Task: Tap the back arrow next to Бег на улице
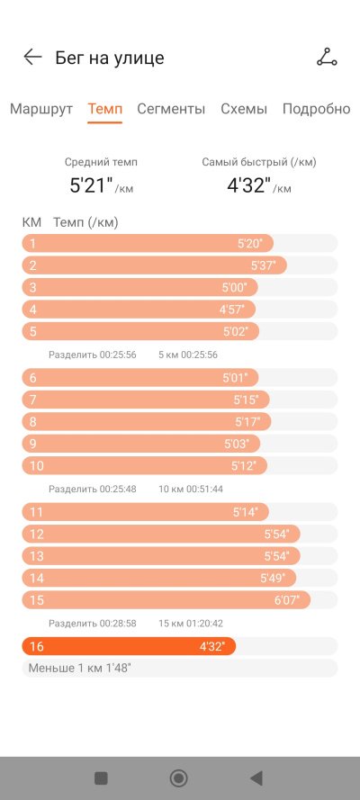[32, 58]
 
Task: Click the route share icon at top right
[327, 58]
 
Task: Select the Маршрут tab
[41, 109]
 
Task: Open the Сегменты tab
[171, 109]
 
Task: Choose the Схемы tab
[244, 109]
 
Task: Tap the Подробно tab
[316, 109]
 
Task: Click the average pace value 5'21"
[91, 185]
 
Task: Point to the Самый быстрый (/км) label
[259, 162]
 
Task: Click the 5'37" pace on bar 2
[263, 265]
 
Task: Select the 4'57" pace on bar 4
[232, 310]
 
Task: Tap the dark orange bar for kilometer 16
[129, 646]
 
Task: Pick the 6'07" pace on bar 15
[286, 600]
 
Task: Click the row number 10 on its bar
[37, 466]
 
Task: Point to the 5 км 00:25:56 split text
[188, 355]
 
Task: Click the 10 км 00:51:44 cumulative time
[191, 489]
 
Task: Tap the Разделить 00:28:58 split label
[93, 623]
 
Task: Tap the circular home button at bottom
[178, 778]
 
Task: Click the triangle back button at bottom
[256, 778]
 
